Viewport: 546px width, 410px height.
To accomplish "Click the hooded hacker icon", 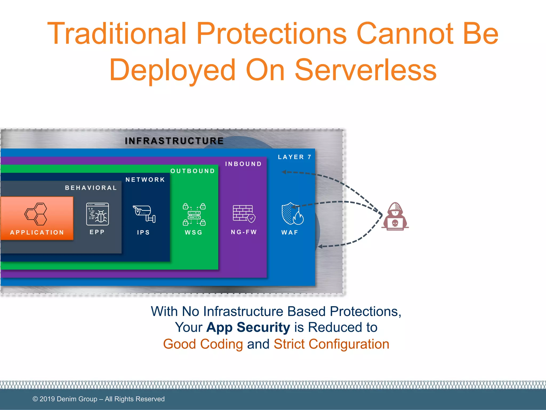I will point(395,216).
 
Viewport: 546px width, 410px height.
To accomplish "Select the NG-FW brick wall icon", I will point(244,214).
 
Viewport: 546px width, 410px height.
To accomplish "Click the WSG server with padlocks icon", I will point(194,214).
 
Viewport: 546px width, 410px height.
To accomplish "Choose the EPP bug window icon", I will point(97,214).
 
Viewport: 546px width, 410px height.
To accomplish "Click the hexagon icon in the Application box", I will point(36,214).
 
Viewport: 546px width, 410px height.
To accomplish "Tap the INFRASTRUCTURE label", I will point(174,141).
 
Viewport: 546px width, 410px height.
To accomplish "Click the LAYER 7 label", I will point(294,157).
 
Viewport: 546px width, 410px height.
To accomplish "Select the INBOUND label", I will point(243,164).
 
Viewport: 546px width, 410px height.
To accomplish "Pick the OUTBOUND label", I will point(192,171).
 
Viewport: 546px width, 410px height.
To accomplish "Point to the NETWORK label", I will point(145,180).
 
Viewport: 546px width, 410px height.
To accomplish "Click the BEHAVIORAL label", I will point(91,188).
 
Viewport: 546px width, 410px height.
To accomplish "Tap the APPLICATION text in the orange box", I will point(37,232).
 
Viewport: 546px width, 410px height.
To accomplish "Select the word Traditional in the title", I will point(117,34).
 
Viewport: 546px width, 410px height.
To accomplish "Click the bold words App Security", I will point(248,327).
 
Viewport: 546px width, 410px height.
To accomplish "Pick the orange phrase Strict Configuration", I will point(331,344).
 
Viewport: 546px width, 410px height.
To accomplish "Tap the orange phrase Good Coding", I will point(203,344).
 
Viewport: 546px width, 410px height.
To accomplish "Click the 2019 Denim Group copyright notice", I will point(98,399).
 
